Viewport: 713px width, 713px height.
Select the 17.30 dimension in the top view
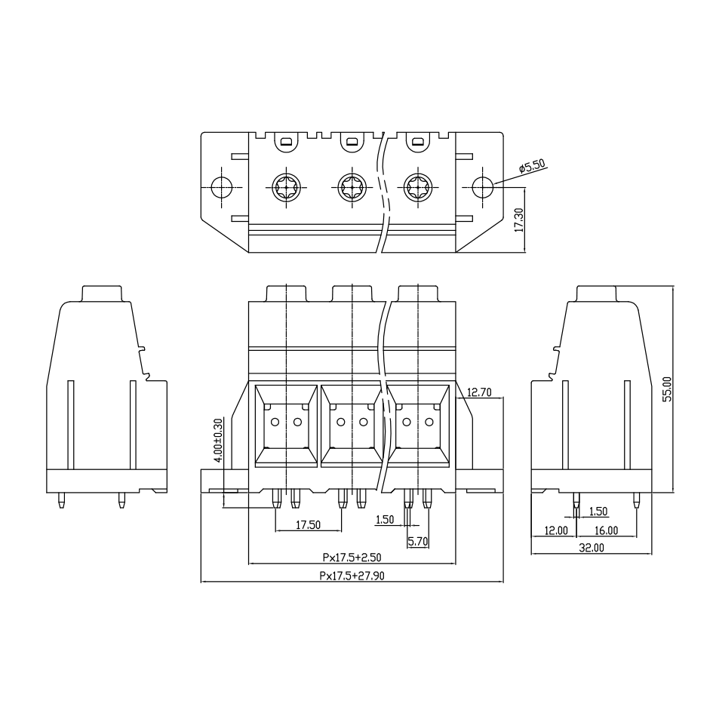[519, 220]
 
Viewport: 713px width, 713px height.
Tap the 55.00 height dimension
[667, 389]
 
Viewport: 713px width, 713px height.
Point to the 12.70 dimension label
[479, 392]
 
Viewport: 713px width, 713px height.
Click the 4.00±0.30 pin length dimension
[218, 440]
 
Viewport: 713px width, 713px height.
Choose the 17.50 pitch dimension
[309, 524]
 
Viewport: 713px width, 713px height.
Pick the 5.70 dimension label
[418, 542]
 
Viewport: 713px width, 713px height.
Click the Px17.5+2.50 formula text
[352, 557]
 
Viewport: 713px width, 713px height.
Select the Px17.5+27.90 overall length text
[352, 576]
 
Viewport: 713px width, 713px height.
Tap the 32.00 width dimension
[591, 548]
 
